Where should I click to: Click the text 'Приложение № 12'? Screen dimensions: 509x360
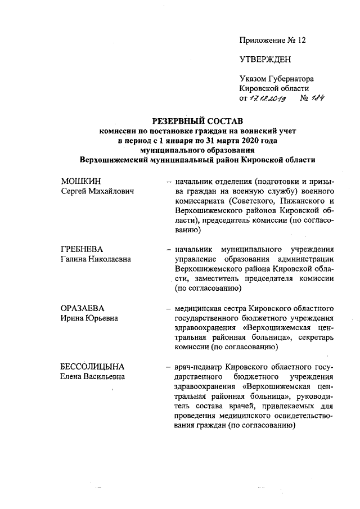[274, 40]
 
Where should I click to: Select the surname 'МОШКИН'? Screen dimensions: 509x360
[79, 183]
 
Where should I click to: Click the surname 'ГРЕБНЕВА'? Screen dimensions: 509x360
[83, 249]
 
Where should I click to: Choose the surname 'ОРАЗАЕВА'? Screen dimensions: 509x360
[83, 308]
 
